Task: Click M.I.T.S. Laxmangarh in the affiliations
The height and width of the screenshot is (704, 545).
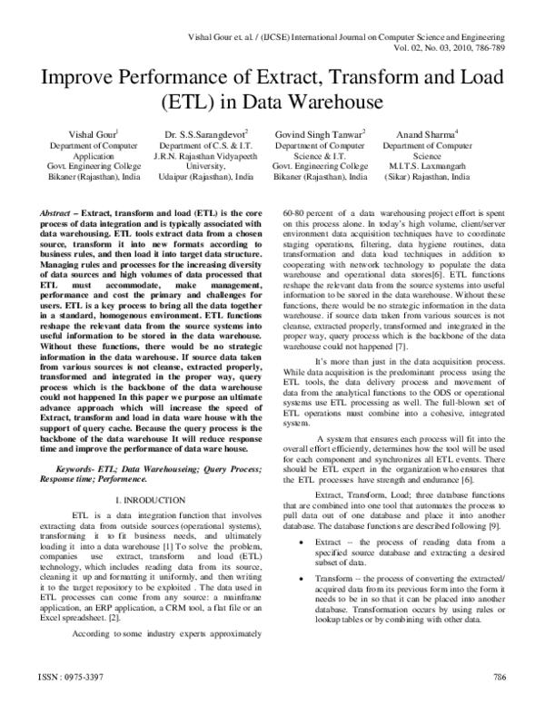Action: [x=418, y=167]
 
